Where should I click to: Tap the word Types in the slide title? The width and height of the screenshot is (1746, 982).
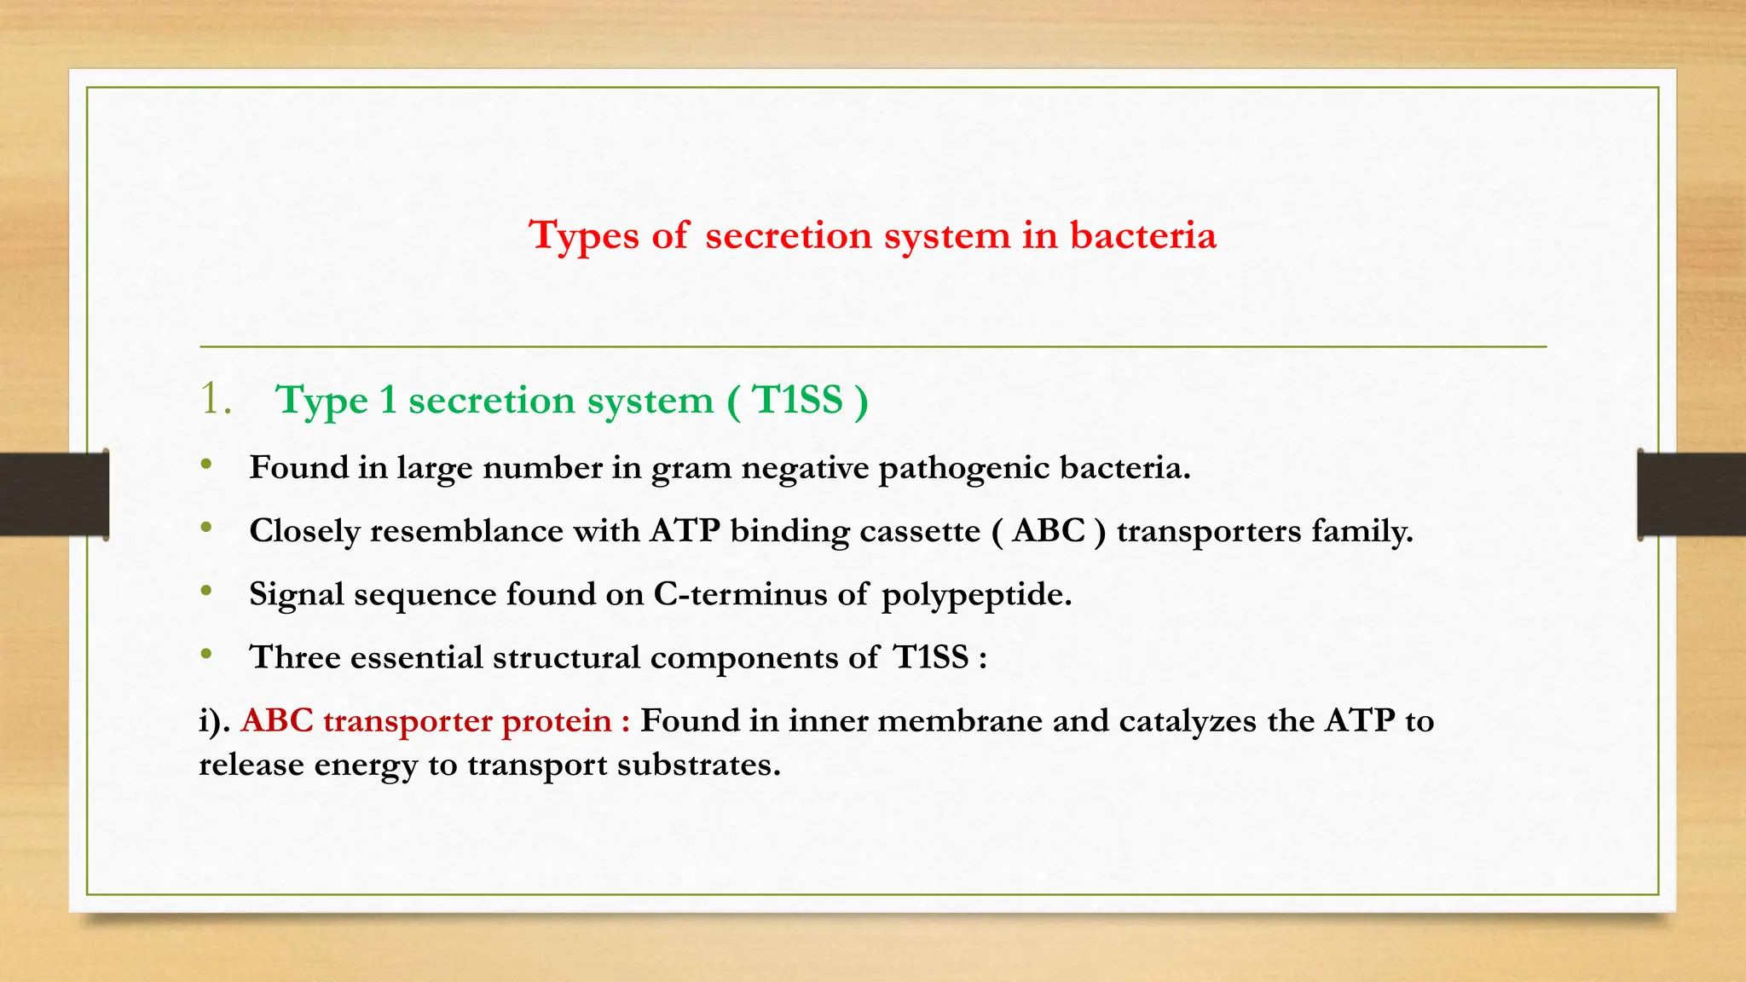(x=583, y=236)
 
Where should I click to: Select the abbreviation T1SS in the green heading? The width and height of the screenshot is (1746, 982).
(x=798, y=400)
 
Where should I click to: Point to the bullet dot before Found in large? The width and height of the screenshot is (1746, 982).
(x=206, y=465)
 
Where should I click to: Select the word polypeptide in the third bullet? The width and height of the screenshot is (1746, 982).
(x=975, y=595)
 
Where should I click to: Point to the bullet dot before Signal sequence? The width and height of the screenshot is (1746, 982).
(x=206, y=591)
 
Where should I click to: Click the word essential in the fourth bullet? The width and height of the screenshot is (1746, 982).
(x=416, y=657)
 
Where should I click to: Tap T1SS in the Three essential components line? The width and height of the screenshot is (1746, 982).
(x=930, y=657)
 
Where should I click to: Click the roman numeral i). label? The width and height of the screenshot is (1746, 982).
(x=215, y=721)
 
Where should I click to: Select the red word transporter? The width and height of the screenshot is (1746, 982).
(x=408, y=721)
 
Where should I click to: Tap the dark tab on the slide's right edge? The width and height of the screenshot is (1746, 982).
(x=1691, y=494)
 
